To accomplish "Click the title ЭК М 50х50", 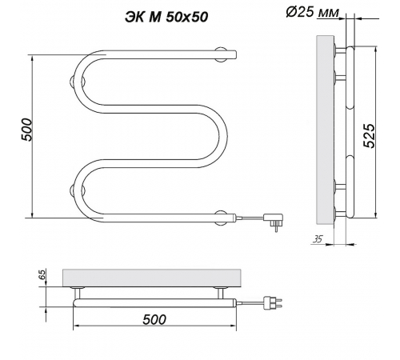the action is pyautogui.click(x=166, y=18).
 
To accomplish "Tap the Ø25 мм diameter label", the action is pyautogui.click(x=313, y=12).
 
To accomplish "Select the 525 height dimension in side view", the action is pyautogui.click(x=370, y=135).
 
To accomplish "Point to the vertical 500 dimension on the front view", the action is pyautogui.click(x=26, y=130).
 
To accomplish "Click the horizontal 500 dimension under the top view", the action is pyautogui.click(x=154, y=319).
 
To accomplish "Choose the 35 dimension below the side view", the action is pyautogui.click(x=317, y=239).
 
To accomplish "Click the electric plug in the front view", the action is pyautogui.click(x=273, y=221).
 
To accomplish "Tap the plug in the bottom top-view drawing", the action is pyautogui.click(x=273, y=304).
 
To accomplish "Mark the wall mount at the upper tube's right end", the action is pyautogui.click(x=221, y=54).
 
